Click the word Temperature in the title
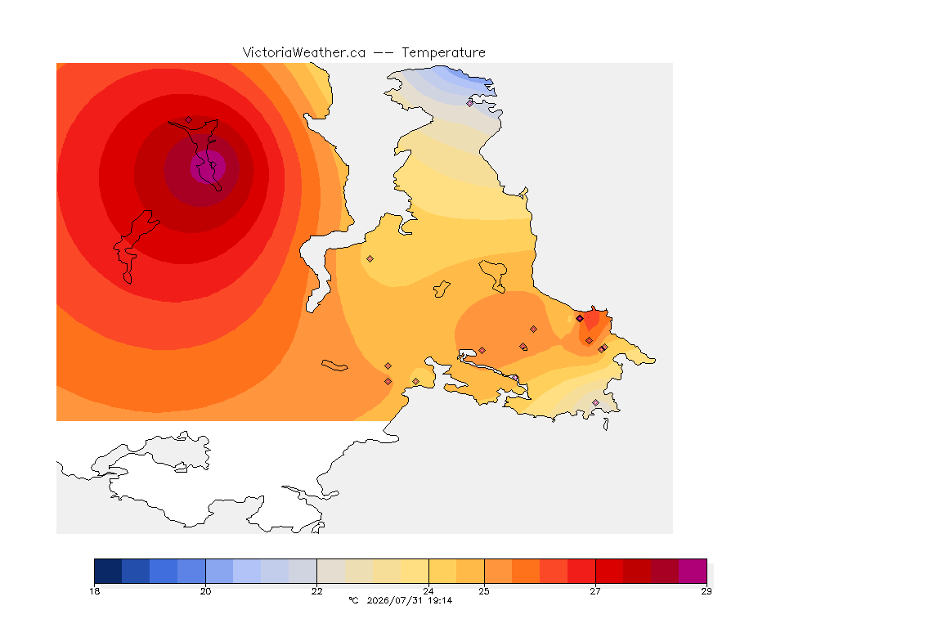click(x=443, y=53)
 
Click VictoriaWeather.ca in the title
click(x=304, y=53)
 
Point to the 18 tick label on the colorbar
click(x=94, y=591)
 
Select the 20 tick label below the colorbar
click(x=205, y=591)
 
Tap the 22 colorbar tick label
click(x=316, y=591)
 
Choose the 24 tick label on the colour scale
click(x=428, y=591)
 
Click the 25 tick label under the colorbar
click(x=484, y=591)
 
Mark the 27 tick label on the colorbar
click(x=595, y=591)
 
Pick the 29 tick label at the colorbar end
click(x=706, y=591)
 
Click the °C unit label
click(x=353, y=600)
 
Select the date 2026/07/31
click(x=395, y=600)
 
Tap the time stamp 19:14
click(x=440, y=600)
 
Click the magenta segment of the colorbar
click(x=693, y=571)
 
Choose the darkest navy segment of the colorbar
click(x=108, y=571)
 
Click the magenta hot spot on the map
click(x=208, y=167)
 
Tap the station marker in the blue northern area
click(x=470, y=103)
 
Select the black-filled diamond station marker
click(x=580, y=319)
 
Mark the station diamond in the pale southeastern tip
click(x=595, y=402)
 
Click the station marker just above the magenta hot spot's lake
click(x=189, y=119)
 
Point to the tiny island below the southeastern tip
click(x=606, y=424)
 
